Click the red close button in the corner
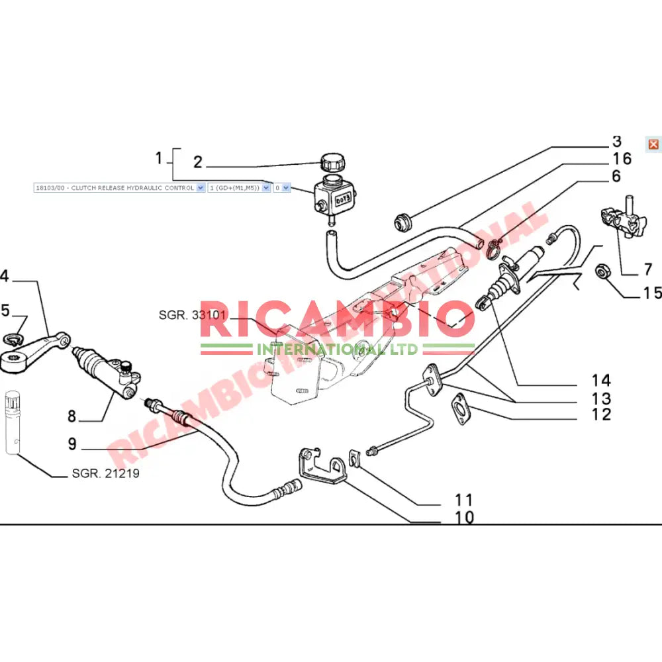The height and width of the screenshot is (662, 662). click(653, 144)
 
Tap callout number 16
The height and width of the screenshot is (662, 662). click(622, 159)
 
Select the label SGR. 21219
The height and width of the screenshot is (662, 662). click(105, 474)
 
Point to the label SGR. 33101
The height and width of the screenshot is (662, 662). click(191, 315)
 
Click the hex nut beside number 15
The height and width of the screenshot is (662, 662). click(602, 271)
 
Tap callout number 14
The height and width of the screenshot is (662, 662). click(601, 381)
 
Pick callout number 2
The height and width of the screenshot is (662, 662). click(197, 162)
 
